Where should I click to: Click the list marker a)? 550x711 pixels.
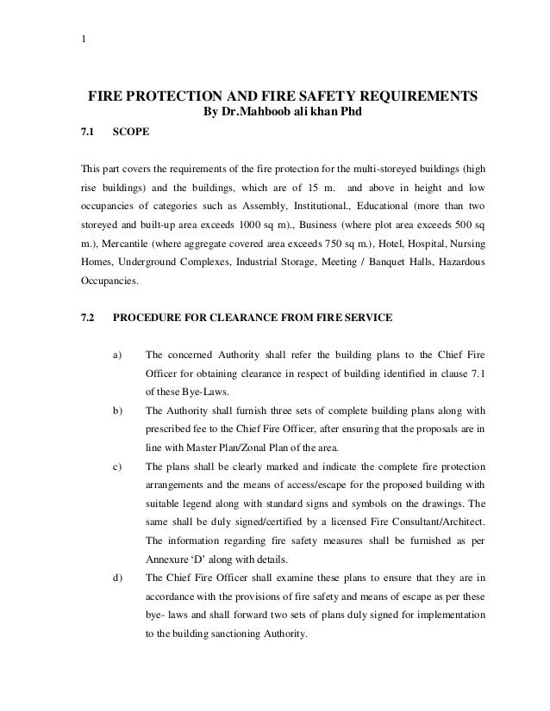[x=117, y=354]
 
